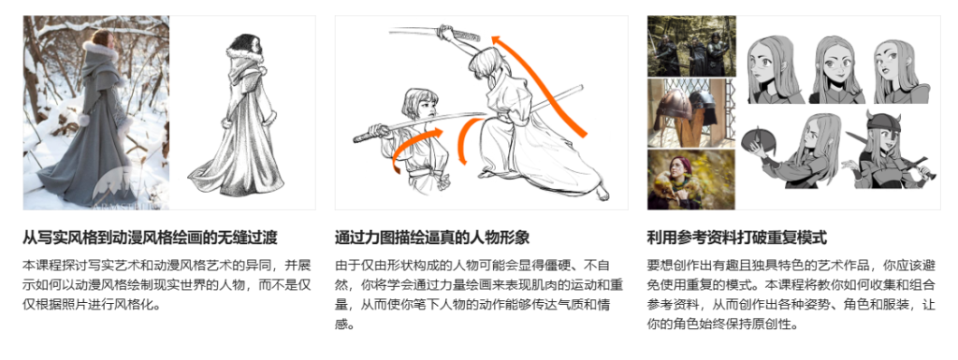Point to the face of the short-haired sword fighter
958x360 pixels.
click(x=418, y=104)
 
